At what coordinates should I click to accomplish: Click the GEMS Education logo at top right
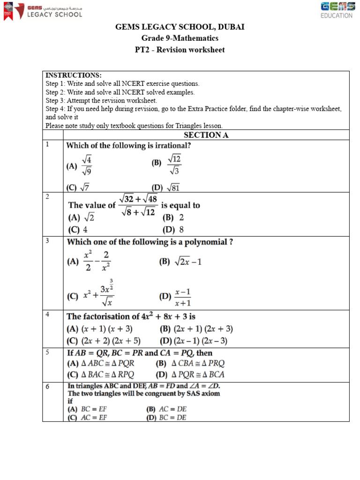[x=337, y=10]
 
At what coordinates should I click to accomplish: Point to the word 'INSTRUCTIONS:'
[x=73, y=75]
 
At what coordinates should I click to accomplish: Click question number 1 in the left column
[x=47, y=145]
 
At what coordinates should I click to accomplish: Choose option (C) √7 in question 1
[x=78, y=187]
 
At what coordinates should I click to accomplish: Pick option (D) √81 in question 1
[x=165, y=187]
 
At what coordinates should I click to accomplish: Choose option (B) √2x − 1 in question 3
[x=180, y=262]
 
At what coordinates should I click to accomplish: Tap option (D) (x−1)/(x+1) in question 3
[x=176, y=297]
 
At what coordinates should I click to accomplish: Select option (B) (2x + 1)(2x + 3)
[x=196, y=329]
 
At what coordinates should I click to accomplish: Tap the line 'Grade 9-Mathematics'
[x=180, y=38]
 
